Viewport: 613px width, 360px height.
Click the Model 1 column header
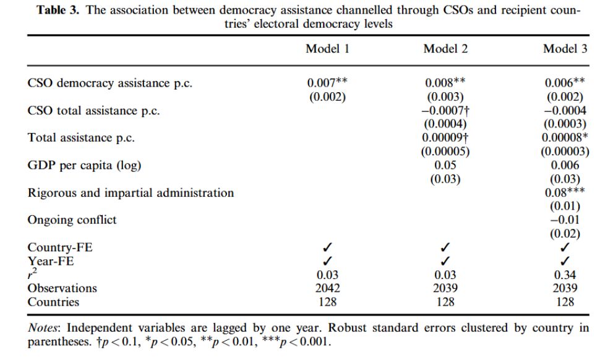pos(327,48)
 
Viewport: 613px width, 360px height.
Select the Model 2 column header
pos(445,48)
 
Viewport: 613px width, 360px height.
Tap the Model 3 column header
pos(565,48)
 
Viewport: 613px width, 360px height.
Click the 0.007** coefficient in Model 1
pos(327,82)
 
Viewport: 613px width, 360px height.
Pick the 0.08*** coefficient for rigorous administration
pos(565,192)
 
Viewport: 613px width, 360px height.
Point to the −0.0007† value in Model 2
pos(445,111)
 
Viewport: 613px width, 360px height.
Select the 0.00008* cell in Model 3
pos(565,137)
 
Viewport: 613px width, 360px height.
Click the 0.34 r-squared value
pos(565,275)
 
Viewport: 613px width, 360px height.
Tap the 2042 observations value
pos(328,288)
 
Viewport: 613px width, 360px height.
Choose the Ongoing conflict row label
pos(72,220)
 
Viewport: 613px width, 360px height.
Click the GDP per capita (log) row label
pos(84,165)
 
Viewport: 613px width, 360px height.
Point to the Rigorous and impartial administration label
pos(131,193)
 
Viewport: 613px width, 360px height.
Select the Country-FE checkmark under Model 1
pos(327,247)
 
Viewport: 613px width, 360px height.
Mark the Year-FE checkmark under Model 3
pos(565,260)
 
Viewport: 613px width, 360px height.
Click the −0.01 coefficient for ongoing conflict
pos(565,220)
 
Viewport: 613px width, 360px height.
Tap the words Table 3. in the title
pos(58,10)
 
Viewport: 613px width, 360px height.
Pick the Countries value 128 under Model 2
pos(445,302)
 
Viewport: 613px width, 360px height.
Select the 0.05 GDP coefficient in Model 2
pos(445,165)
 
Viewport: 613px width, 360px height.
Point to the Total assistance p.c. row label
pos(81,138)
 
